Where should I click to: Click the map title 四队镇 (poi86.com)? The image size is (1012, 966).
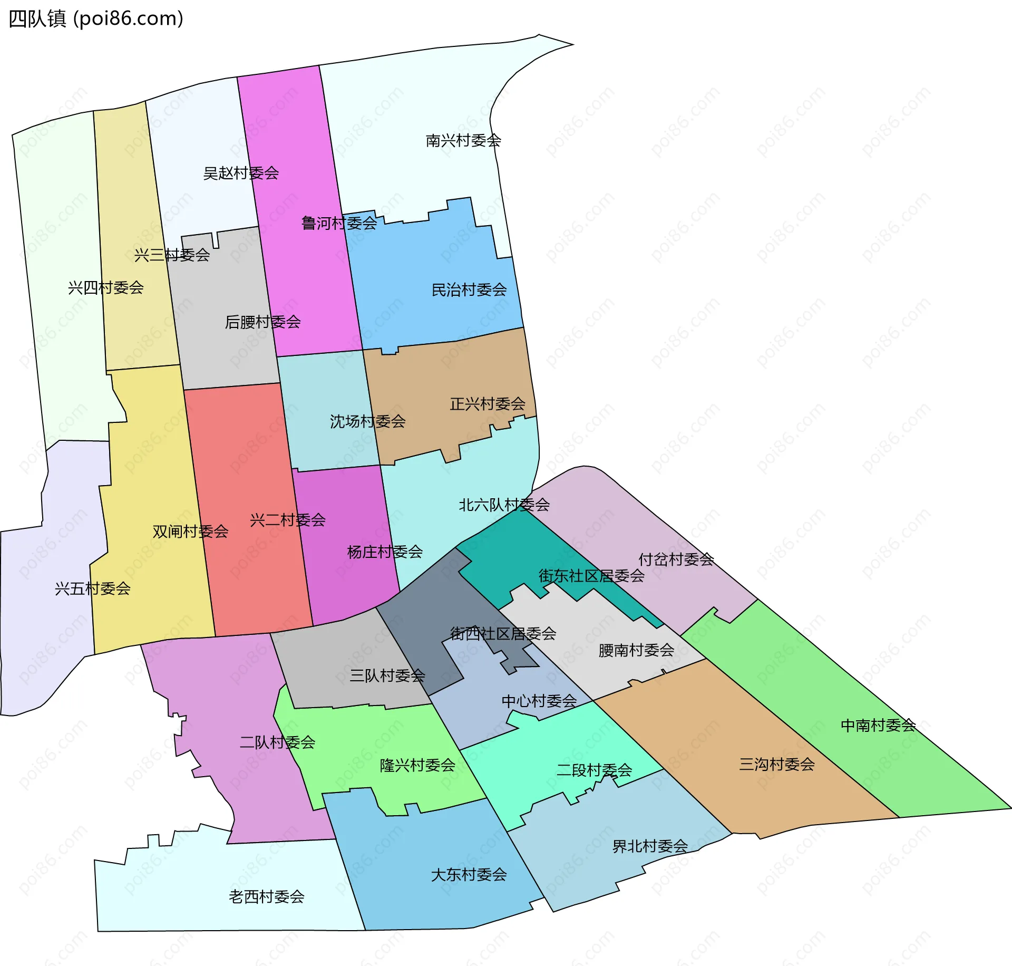pos(96,19)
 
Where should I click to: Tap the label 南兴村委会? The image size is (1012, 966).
pos(463,141)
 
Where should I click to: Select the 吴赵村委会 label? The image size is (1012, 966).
pos(241,173)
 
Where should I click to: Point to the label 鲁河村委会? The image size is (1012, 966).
pos(339,224)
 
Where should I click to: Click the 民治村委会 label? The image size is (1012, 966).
pos(469,290)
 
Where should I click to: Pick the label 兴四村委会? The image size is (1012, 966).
pos(106,288)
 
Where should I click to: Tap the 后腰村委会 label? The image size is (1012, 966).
pos(262,322)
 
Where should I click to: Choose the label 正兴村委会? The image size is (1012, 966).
pos(488,404)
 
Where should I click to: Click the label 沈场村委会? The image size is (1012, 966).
pos(367,422)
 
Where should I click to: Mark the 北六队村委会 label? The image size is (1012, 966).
pos(504,505)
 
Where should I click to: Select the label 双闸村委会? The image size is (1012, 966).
pos(190,532)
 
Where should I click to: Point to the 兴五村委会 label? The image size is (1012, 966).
pos(93,589)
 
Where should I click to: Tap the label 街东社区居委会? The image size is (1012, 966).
pos(591,576)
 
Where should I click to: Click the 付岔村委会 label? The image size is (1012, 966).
pos(676,559)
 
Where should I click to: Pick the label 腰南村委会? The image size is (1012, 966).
pos(636,651)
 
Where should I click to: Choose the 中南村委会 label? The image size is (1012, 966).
pos(878,726)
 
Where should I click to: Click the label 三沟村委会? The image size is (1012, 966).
pos(777,765)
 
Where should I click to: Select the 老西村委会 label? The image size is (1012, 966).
pos(267,896)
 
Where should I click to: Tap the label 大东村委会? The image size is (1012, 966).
pos(469,875)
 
